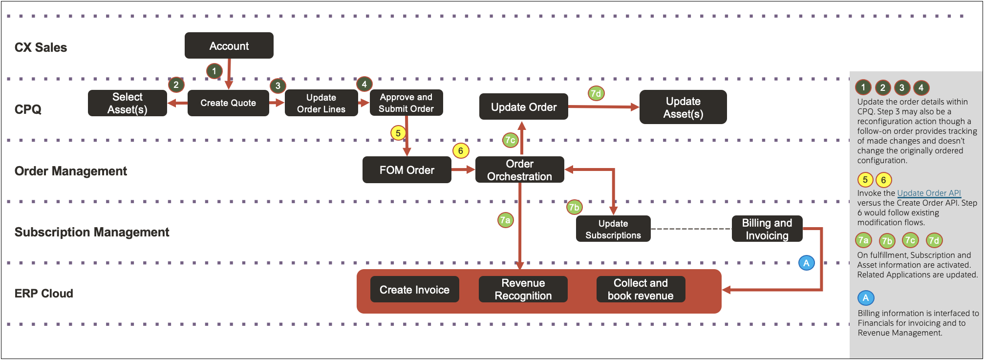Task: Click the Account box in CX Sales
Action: point(229,46)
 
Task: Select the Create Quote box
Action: point(228,103)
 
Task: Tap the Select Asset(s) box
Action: point(128,103)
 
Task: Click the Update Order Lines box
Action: point(321,103)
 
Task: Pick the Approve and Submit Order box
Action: point(406,103)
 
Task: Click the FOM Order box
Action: point(406,170)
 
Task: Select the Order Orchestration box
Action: point(519,170)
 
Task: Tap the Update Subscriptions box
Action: point(613,229)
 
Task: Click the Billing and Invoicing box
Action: point(767,229)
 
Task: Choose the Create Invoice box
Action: point(414,290)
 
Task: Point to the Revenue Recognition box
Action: point(523,290)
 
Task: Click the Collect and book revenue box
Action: point(641,290)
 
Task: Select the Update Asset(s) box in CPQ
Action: point(683,107)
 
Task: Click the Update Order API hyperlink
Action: point(929,193)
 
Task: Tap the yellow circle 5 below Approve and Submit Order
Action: point(398,133)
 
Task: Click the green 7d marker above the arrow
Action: point(596,93)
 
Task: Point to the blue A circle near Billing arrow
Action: point(806,263)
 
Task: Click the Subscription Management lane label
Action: point(92,232)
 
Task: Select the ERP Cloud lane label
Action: point(44,294)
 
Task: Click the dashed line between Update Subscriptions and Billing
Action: point(691,229)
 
